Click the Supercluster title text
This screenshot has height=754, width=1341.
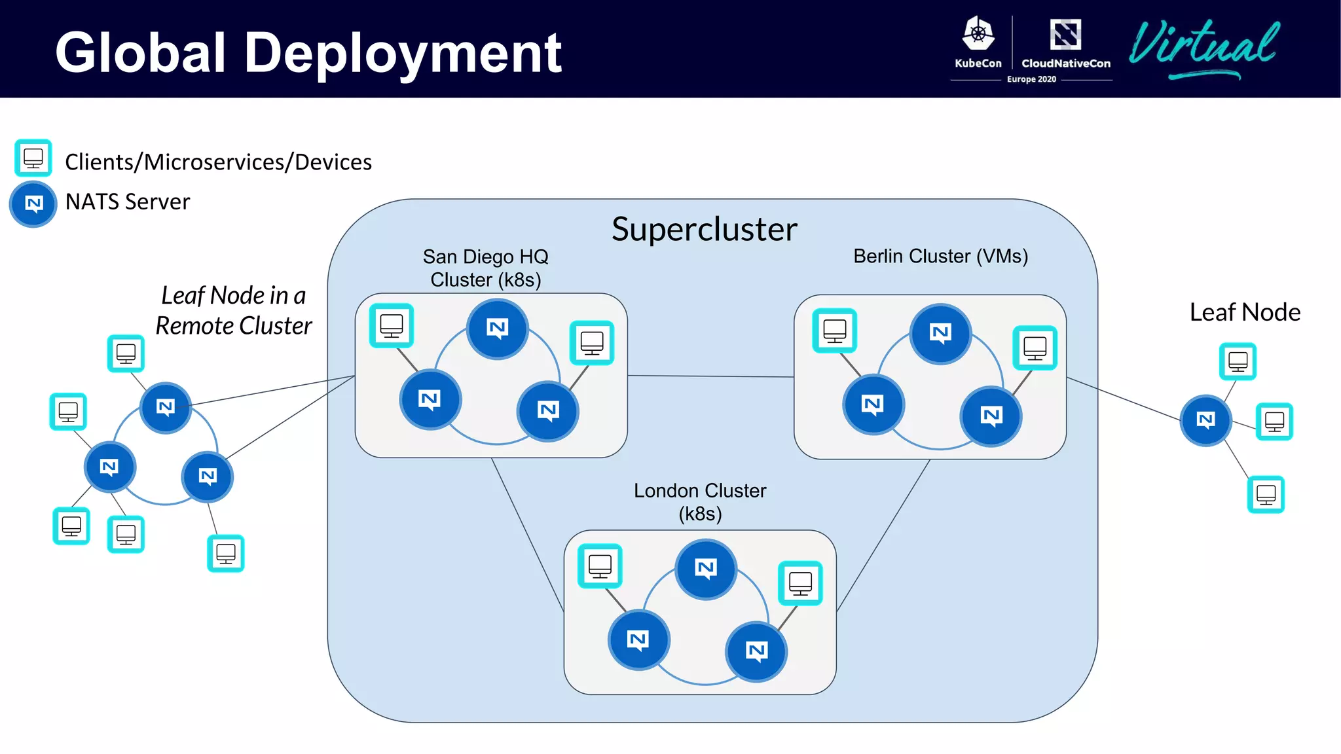(x=704, y=229)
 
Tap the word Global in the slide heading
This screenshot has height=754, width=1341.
(x=141, y=52)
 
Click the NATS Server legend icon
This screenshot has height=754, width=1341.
(x=33, y=204)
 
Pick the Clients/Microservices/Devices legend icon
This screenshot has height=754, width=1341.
(x=33, y=158)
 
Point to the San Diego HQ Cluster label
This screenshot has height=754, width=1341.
(x=485, y=268)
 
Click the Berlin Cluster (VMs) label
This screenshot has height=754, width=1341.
(x=940, y=256)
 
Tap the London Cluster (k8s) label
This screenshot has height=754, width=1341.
(x=699, y=501)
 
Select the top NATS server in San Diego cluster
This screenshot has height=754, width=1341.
(x=498, y=329)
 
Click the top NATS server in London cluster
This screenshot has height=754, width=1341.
(x=706, y=569)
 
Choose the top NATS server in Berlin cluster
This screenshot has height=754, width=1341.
(x=940, y=334)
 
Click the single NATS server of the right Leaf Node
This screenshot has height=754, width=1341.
(x=1205, y=420)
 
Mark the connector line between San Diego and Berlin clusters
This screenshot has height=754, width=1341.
(x=710, y=376)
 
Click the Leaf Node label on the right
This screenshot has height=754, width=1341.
(x=1245, y=312)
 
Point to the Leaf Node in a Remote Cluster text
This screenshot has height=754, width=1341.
(x=234, y=310)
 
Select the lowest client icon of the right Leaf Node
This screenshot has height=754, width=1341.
(x=1266, y=494)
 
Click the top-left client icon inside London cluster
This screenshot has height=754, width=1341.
(x=600, y=565)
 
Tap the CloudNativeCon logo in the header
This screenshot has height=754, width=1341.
(x=1065, y=43)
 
